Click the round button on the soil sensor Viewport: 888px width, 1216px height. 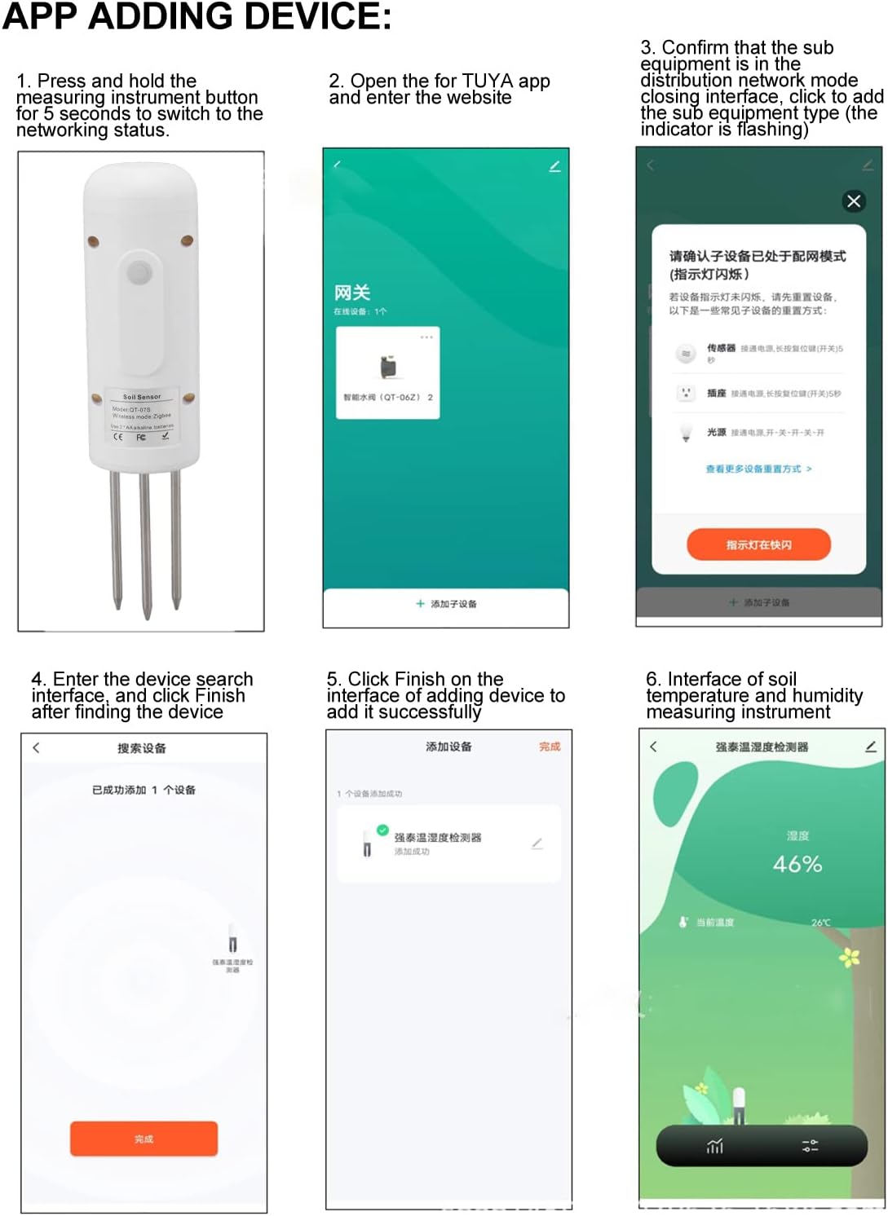click(x=139, y=272)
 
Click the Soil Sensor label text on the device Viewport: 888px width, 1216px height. click(x=142, y=397)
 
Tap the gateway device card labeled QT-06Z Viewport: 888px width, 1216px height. click(x=388, y=373)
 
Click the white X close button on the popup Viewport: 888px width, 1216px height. click(x=854, y=201)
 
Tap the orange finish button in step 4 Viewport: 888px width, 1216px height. click(x=144, y=1139)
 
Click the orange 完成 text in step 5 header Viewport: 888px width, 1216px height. click(x=550, y=747)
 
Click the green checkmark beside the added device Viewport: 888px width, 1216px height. click(x=382, y=830)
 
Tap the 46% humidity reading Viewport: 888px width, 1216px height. click(x=797, y=864)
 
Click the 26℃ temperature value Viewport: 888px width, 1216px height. click(x=820, y=923)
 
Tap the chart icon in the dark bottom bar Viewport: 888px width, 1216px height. click(x=715, y=1147)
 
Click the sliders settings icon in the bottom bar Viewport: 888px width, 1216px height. click(x=810, y=1146)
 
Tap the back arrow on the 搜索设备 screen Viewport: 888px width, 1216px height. click(x=36, y=747)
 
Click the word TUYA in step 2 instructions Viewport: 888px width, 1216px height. click(x=488, y=82)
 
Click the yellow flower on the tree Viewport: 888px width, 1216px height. click(x=850, y=957)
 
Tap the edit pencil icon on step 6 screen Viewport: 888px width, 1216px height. click(x=870, y=747)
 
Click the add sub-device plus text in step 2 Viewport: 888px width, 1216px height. click(x=446, y=604)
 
